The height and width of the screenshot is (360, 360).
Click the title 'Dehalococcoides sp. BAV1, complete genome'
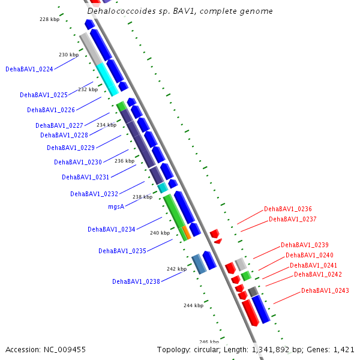(180, 11)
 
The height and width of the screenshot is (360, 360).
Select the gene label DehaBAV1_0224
(29, 69)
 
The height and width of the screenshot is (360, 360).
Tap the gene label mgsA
(116, 206)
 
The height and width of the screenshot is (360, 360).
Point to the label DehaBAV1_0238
(136, 281)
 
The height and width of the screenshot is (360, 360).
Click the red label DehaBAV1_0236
(288, 209)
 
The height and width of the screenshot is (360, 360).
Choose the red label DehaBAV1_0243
(325, 290)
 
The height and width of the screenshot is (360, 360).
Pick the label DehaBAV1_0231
(85, 177)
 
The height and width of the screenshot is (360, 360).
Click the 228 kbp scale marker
(49, 19)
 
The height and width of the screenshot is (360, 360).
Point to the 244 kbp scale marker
(193, 305)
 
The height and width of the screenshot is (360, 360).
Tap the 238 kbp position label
(142, 197)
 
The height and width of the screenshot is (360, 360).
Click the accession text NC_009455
(46, 349)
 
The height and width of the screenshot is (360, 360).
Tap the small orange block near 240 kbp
(187, 232)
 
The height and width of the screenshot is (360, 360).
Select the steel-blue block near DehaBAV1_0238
(199, 264)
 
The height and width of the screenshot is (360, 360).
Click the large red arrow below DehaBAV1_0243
(250, 312)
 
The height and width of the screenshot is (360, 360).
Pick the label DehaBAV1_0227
(59, 125)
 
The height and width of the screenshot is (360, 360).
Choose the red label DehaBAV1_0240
(310, 255)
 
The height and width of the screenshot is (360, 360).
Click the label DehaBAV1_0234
(111, 229)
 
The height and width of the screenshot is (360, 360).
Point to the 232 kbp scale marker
(88, 89)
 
